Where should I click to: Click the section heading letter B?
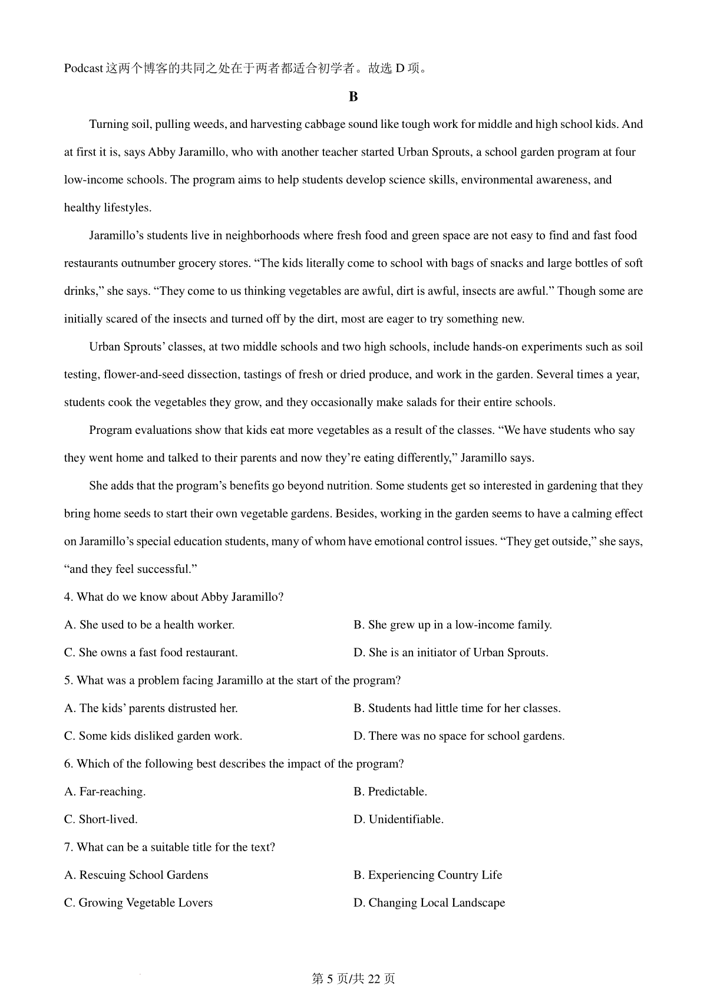pyautogui.click(x=353, y=97)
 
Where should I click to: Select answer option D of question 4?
pyautogui.click(x=451, y=653)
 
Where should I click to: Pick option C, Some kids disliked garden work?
pyautogui.click(x=153, y=736)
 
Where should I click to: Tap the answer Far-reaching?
pyautogui.click(x=105, y=792)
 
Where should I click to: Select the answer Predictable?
pyautogui.click(x=390, y=792)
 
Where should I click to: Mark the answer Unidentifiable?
pyautogui.click(x=398, y=819)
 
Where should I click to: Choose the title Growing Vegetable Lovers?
pyautogui.click(x=138, y=903)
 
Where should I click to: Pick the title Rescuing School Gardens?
pyautogui.click(x=136, y=875)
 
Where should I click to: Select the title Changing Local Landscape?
pyautogui.click(x=429, y=903)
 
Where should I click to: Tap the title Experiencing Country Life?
pyautogui.click(x=428, y=875)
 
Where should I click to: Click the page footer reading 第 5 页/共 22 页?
pyautogui.click(x=353, y=979)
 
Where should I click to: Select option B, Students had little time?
pyautogui.click(x=457, y=708)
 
